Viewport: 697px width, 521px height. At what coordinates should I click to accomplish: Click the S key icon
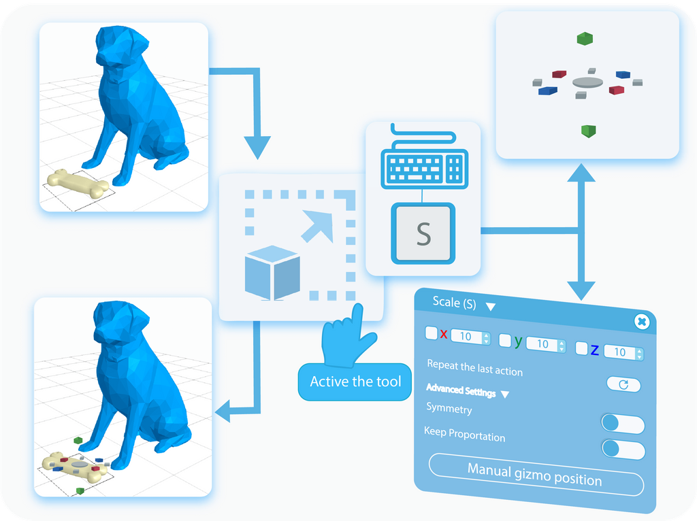(x=423, y=233)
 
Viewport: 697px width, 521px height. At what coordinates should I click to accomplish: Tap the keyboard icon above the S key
(x=423, y=163)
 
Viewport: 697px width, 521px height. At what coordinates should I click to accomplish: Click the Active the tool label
(x=355, y=382)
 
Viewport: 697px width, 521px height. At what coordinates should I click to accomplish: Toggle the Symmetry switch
(x=623, y=424)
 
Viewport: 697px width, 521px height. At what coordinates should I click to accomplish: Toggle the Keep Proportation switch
(x=623, y=449)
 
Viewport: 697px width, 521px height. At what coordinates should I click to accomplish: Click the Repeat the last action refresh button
(x=623, y=384)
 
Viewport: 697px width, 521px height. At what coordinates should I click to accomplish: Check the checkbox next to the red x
(x=432, y=333)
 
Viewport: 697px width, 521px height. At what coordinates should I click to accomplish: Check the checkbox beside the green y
(x=505, y=339)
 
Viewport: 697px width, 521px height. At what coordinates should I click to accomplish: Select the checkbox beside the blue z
(x=581, y=349)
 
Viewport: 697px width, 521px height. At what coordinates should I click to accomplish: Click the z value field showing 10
(x=619, y=352)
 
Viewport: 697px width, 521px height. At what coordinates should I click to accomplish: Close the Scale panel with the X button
(x=641, y=322)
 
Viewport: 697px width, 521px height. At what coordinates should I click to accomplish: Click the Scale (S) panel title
(x=454, y=303)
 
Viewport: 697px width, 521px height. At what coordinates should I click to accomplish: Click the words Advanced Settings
(x=461, y=390)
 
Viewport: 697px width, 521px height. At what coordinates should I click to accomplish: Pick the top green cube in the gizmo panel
(x=583, y=39)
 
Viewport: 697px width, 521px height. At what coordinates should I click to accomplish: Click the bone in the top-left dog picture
(x=77, y=184)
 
